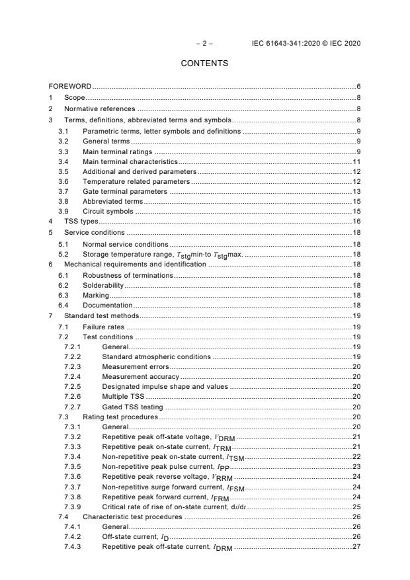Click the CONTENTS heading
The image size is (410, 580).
tap(205, 63)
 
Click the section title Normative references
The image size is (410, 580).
tap(99, 108)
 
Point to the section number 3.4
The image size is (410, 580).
tap(63, 161)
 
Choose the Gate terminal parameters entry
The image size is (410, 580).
tap(124, 191)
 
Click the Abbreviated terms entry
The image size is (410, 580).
tap(112, 201)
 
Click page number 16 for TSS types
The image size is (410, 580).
tap(356, 222)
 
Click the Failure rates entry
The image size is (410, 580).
tap(103, 327)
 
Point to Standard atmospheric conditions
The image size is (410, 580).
tap(156, 356)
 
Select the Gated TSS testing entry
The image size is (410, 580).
tap(132, 407)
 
